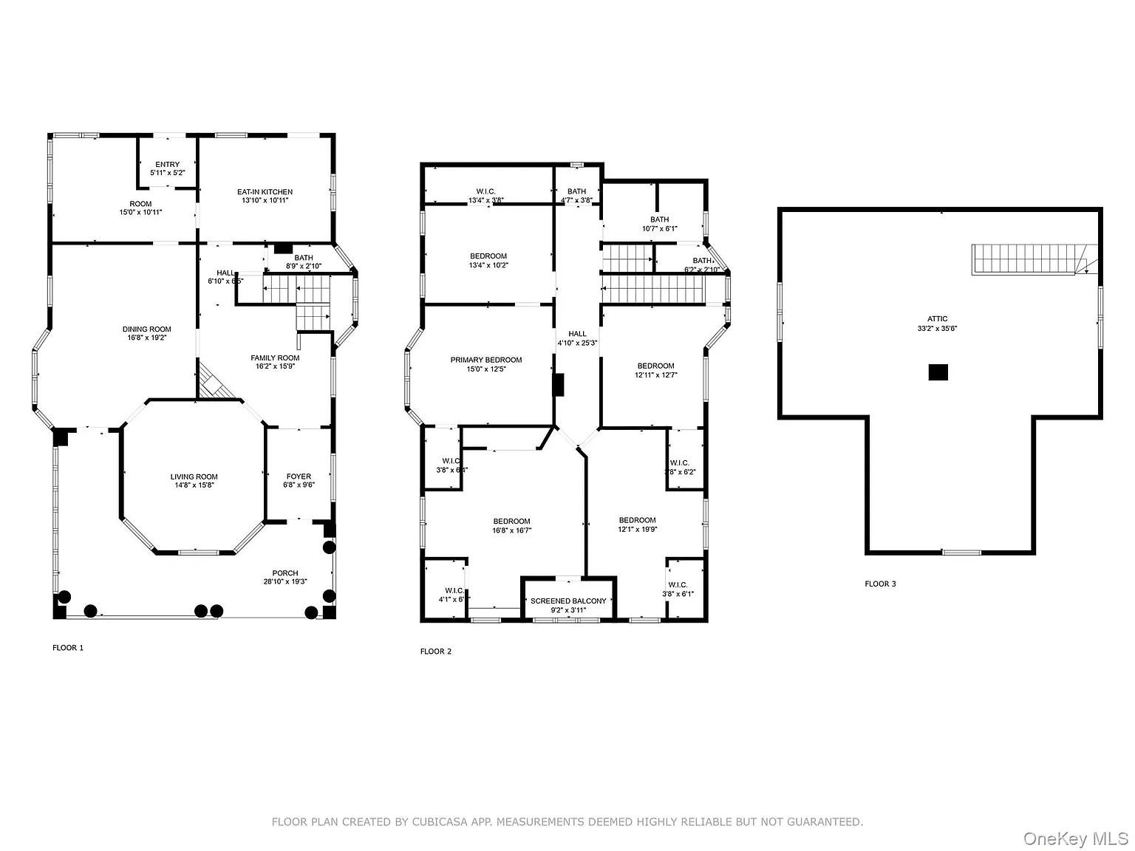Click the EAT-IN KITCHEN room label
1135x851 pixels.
265,192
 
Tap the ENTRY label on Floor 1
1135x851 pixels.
167,165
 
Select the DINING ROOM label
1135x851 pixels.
146,329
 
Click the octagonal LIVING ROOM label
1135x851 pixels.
194,477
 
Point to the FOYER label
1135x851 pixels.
299,476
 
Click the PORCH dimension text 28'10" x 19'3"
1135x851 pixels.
285,582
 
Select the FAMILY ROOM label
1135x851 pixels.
275,358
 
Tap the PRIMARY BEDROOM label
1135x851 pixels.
486,360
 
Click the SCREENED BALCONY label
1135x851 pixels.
568,601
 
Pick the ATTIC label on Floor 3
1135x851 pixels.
937,319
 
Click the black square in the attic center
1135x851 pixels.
938,372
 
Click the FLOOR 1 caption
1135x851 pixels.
68,648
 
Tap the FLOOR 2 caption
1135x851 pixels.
435,652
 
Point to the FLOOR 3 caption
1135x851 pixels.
880,584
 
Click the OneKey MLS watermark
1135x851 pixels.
1075,839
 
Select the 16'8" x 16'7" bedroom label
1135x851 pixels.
511,522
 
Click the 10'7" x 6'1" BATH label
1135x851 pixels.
659,219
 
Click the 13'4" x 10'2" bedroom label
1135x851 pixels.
488,256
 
